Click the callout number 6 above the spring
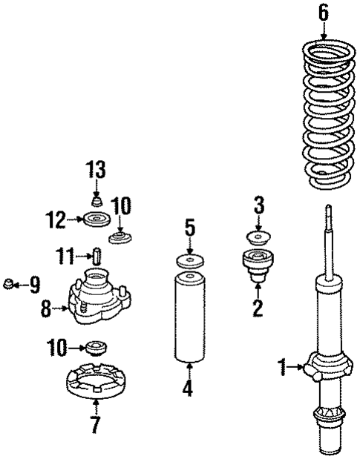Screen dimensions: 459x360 pyautogui.click(x=323, y=12)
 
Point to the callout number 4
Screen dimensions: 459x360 pyautogui.click(x=189, y=387)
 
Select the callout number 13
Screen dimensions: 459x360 pyautogui.click(x=96, y=170)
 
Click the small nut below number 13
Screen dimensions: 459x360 pyautogui.click(x=96, y=201)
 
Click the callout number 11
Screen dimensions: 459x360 pyautogui.click(x=65, y=257)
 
